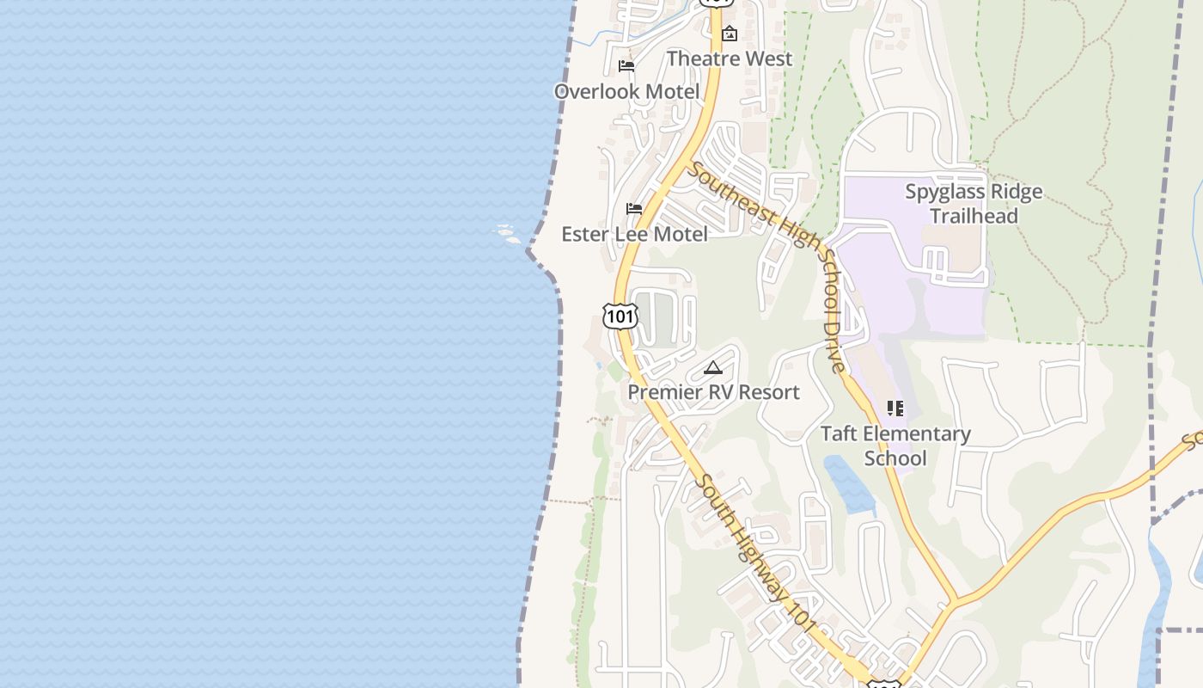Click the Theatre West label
[730, 58]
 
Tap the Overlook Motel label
[626, 91]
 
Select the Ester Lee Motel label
[634, 234]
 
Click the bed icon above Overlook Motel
[626, 65]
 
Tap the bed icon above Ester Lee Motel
[634, 209]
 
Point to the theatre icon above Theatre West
[730, 34]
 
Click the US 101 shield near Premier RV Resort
[620, 316]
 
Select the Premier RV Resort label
[713, 392]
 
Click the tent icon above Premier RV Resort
[713, 368]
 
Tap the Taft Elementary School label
[895, 445]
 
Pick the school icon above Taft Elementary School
[895, 408]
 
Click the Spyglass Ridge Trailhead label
[974, 204]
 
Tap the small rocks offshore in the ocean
[507, 234]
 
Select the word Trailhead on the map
[974, 216]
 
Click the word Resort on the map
[764, 392]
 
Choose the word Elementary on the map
[919, 433]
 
